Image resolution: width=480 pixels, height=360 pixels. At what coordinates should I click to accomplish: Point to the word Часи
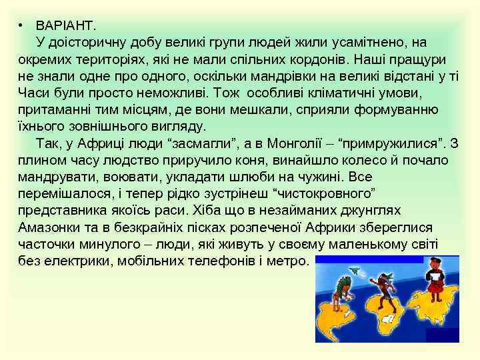(33, 92)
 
